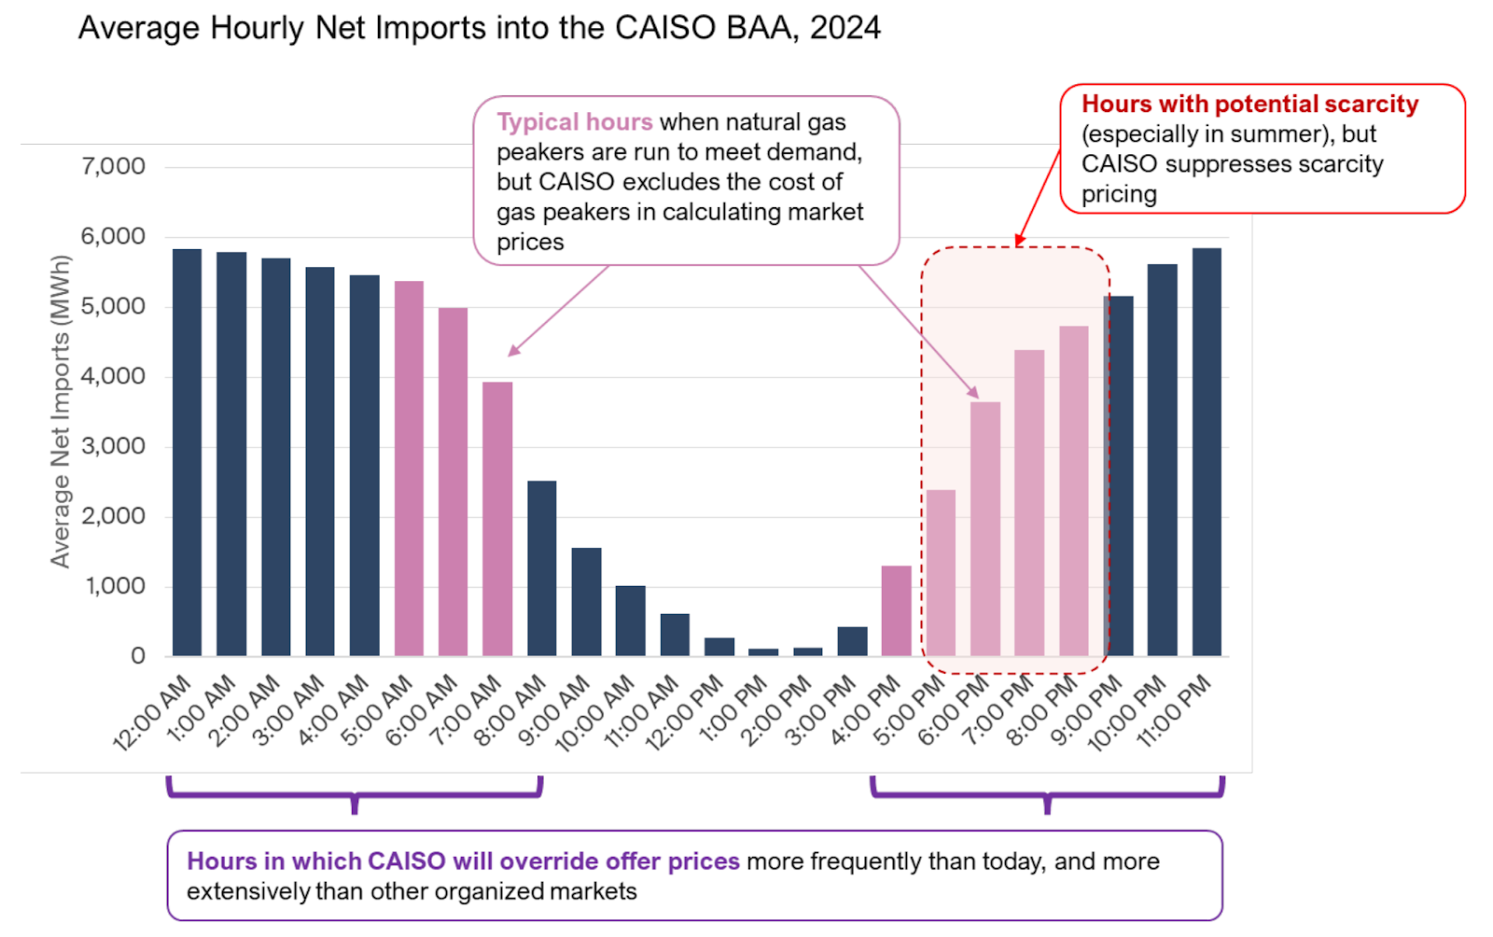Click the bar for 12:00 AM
pyautogui.click(x=187, y=453)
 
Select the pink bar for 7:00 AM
pyautogui.click(x=497, y=519)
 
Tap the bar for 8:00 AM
pyautogui.click(x=542, y=568)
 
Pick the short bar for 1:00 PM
pyautogui.click(x=763, y=652)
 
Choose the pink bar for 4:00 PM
pyautogui.click(x=897, y=610)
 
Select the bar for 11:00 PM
pyautogui.click(x=1207, y=453)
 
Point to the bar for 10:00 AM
pyautogui.click(x=631, y=621)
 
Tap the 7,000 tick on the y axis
pyautogui.click(x=113, y=166)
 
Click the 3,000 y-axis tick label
pyautogui.click(x=113, y=446)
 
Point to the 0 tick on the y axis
pyautogui.click(x=138, y=656)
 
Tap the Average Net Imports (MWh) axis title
pyautogui.click(x=61, y=412)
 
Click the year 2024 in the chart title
pyautogui.click(x=844, y=28)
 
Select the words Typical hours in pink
pyautogui.click(x=574, y=122)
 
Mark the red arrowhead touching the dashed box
pyautogui.click(x=1019, y=242)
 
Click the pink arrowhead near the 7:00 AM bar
pyautogui.click(x=512, y=352)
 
